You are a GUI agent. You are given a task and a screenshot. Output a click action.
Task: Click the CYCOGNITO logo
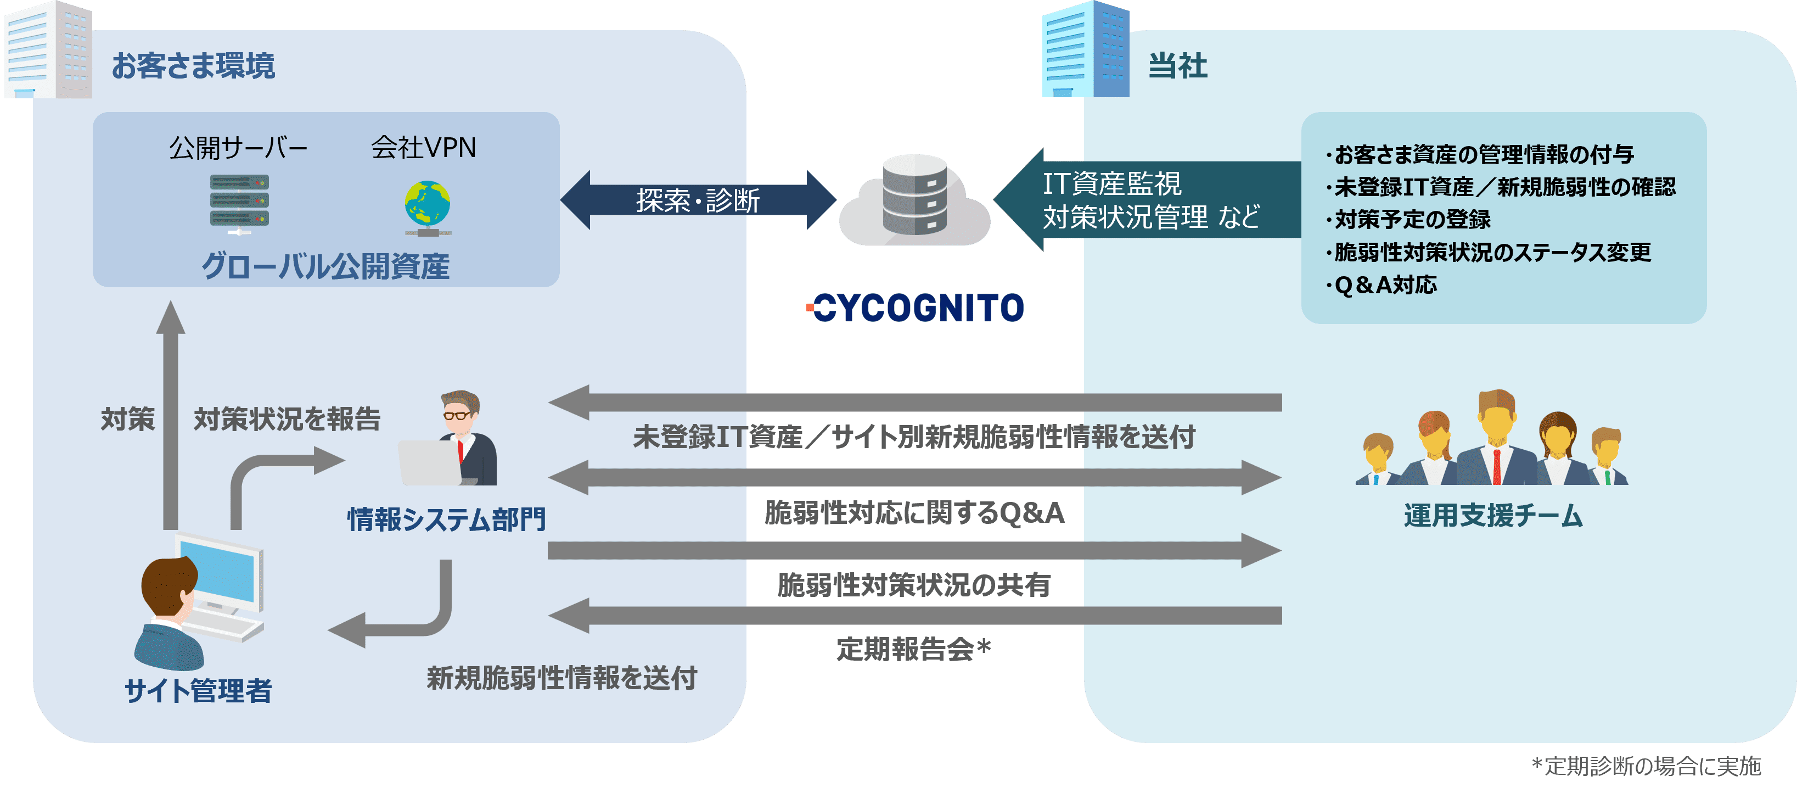point(914,308)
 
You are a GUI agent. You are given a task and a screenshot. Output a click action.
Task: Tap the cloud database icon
point(914,200)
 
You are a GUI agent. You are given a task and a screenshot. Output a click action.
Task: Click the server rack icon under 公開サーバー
point(239,203)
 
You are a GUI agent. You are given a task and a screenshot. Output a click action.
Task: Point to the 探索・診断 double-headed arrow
point(698,200)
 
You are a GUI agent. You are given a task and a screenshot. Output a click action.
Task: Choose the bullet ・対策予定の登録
point(1409,220)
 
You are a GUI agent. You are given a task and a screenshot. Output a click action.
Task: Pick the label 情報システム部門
point(446,520)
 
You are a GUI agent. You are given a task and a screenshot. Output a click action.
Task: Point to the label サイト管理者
point(198,691)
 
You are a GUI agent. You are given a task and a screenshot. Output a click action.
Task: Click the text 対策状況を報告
point(287,420)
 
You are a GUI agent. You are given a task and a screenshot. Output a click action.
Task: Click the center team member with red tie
point(1496,440)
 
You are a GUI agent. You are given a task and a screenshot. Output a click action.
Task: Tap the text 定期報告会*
point(914,650)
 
